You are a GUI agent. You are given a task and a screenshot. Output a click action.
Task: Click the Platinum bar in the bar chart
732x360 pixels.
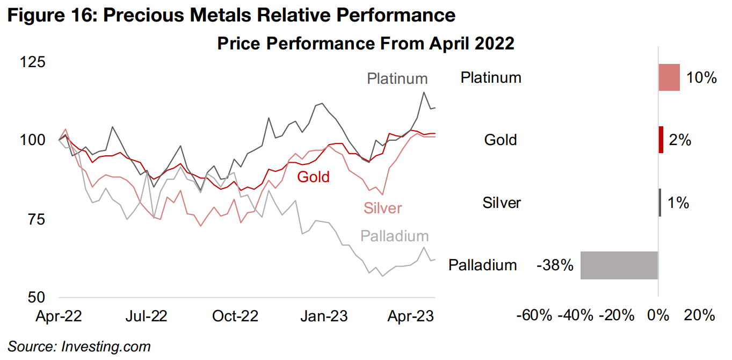[669, 77]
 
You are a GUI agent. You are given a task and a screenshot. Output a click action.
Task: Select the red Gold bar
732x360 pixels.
[661, 140]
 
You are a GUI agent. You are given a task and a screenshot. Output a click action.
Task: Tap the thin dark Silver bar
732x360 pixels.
[660, 203]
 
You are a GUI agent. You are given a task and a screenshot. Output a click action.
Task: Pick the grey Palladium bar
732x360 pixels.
[619, 265]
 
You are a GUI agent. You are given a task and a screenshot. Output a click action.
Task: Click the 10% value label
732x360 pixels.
[701, 78]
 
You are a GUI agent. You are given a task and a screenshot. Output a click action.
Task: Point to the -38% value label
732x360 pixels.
[555, 265]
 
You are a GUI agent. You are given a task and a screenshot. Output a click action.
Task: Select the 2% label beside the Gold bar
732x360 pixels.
[679, 140]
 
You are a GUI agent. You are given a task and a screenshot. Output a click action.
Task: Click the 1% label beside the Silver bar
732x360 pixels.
[678, 203]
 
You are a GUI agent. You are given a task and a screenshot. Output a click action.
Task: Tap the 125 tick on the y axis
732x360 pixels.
[32, 62]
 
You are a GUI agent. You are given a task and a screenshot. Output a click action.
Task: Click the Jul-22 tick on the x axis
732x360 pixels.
[146, 316]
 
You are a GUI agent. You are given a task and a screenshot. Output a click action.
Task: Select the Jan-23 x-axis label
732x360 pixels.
[324, 316]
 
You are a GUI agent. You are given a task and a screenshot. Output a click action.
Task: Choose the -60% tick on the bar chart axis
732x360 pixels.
[534, 315]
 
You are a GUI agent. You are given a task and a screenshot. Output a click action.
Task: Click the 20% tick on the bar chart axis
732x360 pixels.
[699, 315]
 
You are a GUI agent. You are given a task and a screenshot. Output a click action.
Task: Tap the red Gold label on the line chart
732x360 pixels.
[313, 177]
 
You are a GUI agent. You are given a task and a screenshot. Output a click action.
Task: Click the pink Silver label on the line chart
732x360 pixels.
[382, 208]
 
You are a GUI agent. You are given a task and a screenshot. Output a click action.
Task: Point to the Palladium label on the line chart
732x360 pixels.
[394, 235]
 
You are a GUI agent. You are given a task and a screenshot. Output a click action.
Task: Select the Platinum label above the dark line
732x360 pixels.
[397, 79]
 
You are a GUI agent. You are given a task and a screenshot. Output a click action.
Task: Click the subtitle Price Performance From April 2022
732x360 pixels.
[365, 44]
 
